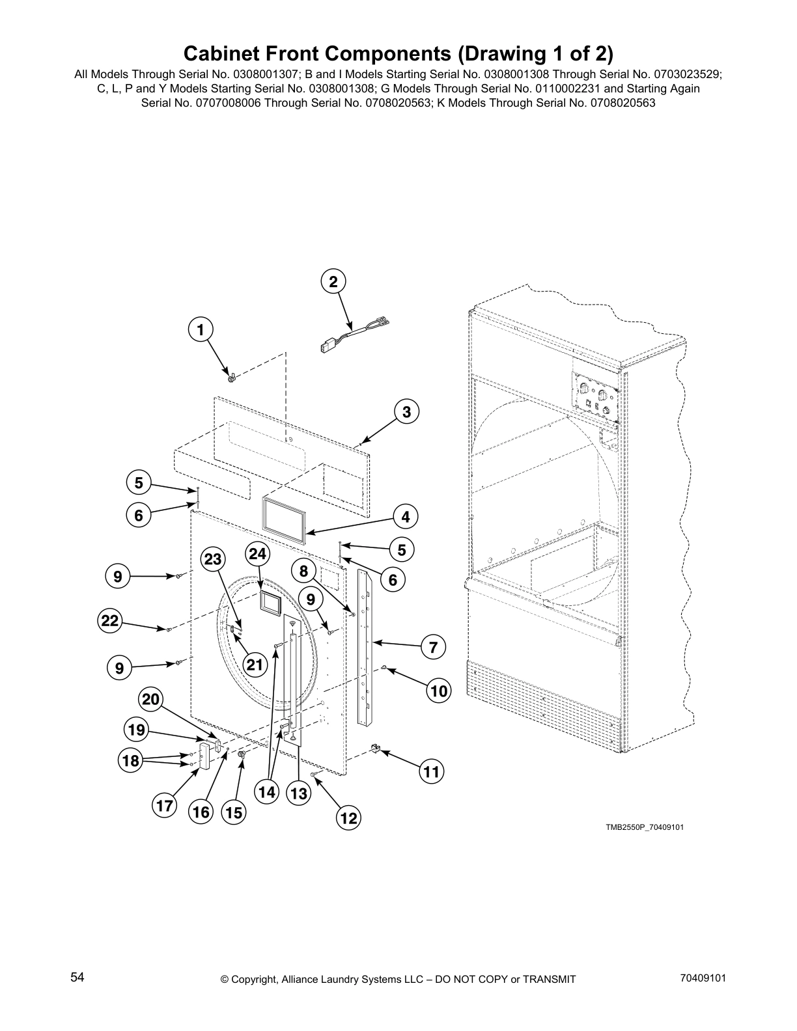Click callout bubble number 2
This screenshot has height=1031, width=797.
(333, 282)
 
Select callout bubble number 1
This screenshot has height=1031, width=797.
(201, 330)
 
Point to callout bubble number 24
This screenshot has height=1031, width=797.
(258, 553)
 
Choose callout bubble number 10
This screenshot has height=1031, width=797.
(440, 691)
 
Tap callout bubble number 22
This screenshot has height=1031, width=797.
(110, 620)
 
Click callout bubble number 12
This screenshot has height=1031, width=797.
(349, 818)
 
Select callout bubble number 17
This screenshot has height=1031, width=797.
(165, 806)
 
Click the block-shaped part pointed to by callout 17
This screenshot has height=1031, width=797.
(204, 757)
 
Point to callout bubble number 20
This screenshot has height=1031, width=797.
(150, 700)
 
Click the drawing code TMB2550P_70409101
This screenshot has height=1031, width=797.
(645, 827)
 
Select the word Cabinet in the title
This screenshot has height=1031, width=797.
(217, 53)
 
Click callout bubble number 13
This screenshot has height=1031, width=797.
(298, 793)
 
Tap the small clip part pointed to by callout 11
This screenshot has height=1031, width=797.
(375, 750)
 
